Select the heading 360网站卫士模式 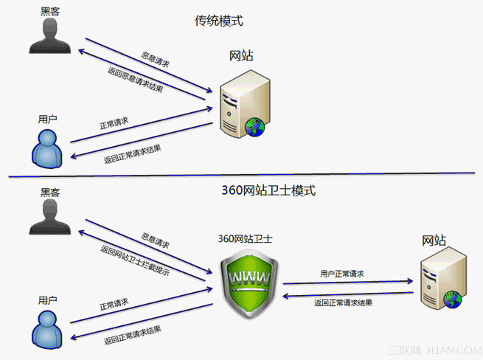point(268,190)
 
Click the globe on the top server point(255,127)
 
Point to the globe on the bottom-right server point(452,299)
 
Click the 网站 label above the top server point(243,56)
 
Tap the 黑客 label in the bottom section point(49,192)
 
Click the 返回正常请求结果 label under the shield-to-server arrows point(343,302)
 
